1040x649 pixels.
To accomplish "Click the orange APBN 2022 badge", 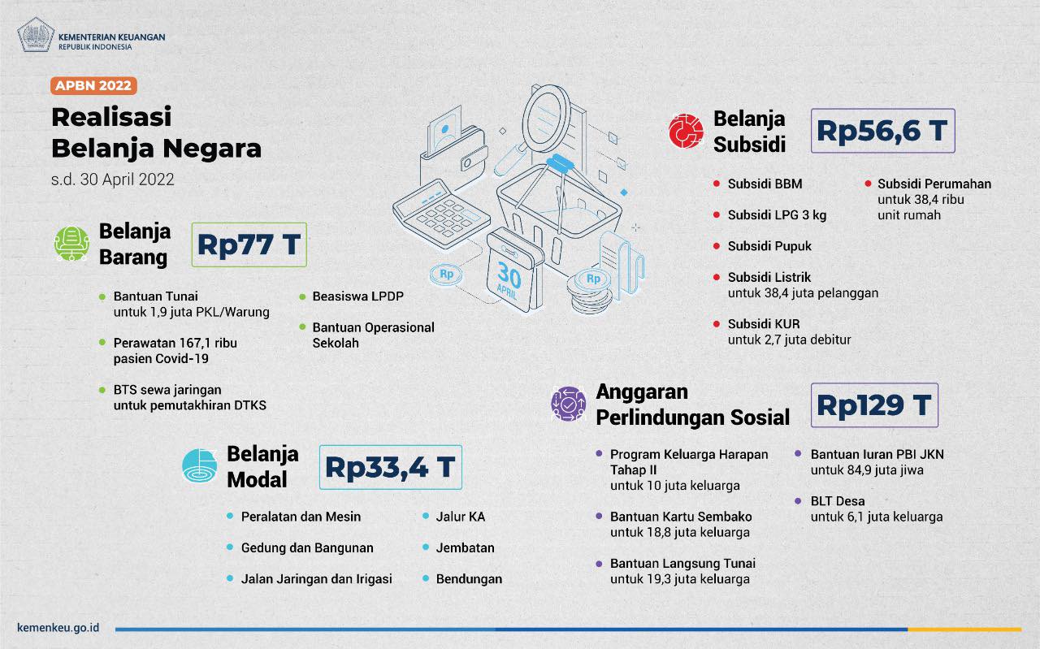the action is coord(93,86).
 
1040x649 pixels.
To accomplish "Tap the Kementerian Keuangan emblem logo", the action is coord(36,35).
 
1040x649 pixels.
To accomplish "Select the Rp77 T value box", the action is coord(249,244).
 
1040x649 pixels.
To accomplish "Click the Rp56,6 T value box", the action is coord(882,131).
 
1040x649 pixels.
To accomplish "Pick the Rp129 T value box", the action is coord(874,405).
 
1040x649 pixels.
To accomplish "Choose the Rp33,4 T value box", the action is coord(391,467).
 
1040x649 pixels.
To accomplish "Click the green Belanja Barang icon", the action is coord(71,243).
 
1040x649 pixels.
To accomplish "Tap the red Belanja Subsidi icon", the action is coord(686,131).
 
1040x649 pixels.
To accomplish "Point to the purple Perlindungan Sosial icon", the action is coord(568,404).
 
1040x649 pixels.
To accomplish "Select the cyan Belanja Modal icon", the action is coord(200,465).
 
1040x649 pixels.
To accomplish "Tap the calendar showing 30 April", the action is coord(514,270).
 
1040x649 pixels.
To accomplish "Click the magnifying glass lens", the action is coord(546,118).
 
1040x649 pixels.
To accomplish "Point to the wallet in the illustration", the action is coord(453,154).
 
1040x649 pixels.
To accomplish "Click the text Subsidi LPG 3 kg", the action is coord(777,215).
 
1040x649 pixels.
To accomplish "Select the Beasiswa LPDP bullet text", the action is coord(358,296).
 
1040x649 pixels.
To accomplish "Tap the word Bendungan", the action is coord(469,579).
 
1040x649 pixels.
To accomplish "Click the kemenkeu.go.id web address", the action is coord(58,628).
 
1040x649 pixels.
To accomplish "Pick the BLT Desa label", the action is coord(838,501).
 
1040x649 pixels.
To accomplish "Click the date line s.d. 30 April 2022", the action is coord(113,180).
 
